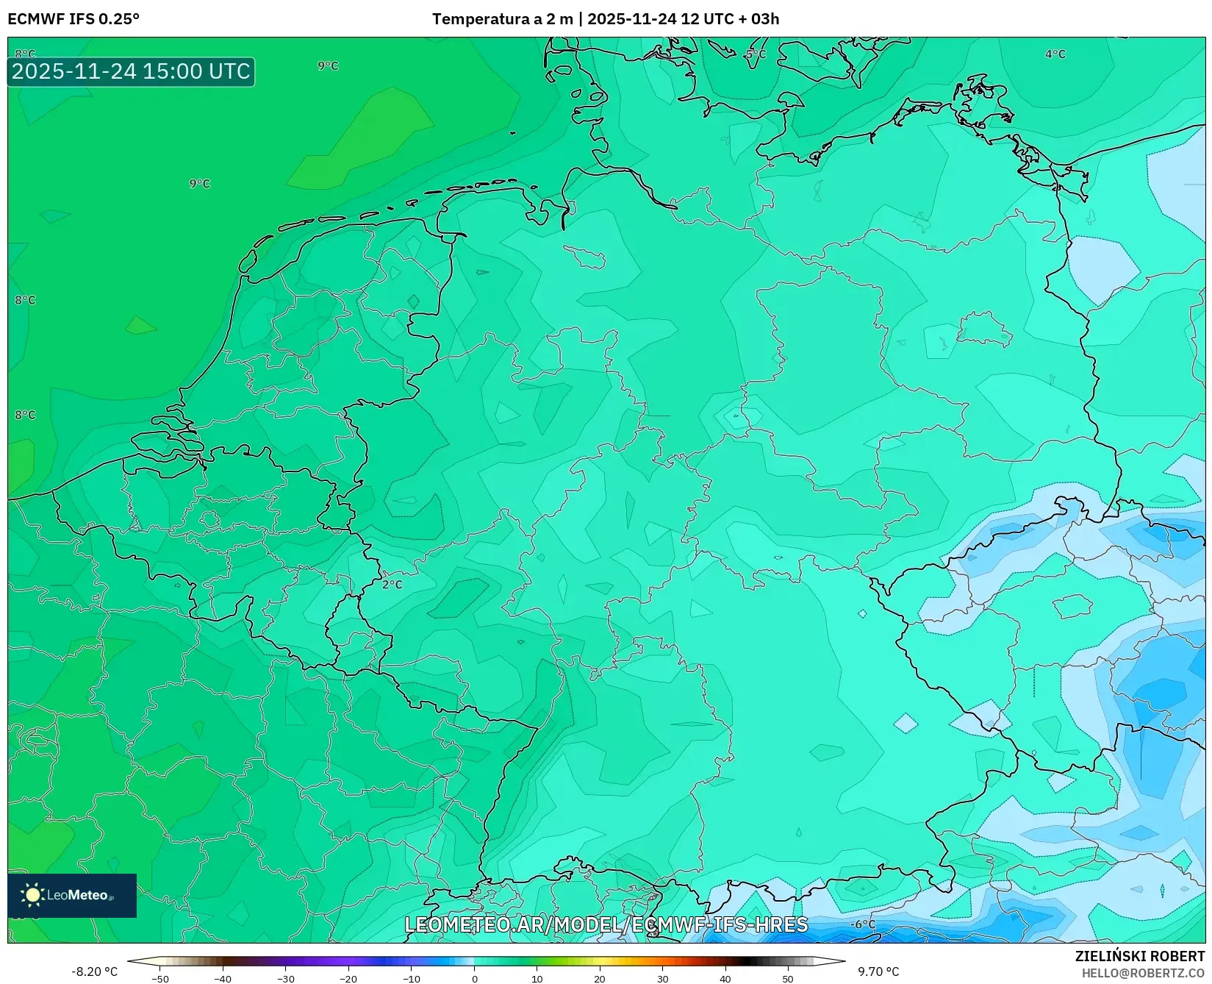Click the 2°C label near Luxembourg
[392, 585]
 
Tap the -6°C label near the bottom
[863, 924]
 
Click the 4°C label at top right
[1055, 54]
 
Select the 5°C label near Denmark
[755, 54]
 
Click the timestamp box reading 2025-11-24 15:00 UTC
[131, 71]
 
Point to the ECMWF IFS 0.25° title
[73, 19]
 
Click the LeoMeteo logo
[72, 895]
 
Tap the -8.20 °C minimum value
[94, 971]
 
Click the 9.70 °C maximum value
[878, 971]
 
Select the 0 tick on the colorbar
[474, 979]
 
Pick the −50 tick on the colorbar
[159, 979]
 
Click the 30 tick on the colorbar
[663, 979]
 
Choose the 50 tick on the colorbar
[788, 979]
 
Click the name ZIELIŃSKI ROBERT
[1140, 957]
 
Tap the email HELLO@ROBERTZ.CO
[1143, 973]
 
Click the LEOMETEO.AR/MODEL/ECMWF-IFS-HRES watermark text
[606, 924]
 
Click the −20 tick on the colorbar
[348, 979]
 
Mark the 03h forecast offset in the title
[765, 19]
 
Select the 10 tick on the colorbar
[537, 979]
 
